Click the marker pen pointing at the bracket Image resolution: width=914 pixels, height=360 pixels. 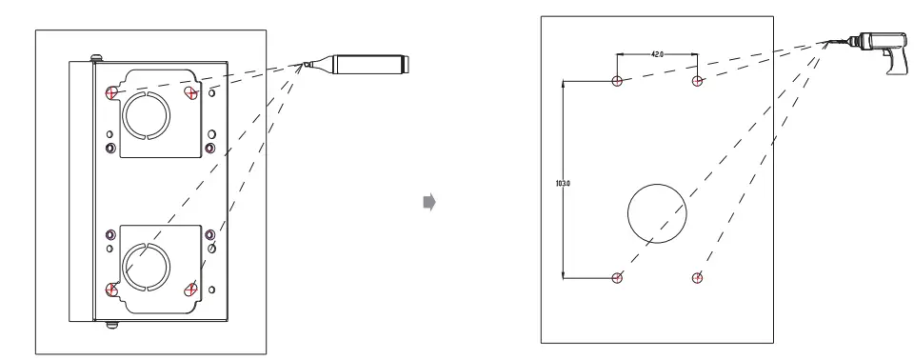[x=367, y=66]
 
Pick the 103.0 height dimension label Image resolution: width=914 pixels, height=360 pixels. [x=561, y=180]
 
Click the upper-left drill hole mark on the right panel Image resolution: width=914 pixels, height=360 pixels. [x=618, y=81]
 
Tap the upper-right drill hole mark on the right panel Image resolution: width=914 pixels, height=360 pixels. [x=698, y=81]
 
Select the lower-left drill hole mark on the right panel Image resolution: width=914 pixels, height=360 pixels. [x=618, y=278]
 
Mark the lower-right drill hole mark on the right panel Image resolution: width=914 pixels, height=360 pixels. [x=698, y=278]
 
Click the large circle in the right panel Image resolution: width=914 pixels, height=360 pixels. [x=657, y=214]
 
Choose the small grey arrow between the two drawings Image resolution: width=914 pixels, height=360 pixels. [x=428, y=202]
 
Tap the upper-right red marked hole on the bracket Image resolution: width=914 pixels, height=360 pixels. [x=193, y=91]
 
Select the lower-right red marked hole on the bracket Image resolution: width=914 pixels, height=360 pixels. [x=193, y=289]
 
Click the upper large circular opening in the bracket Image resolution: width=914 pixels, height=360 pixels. [x=147, y=116]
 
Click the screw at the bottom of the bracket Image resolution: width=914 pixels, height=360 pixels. [x=111, y=325]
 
